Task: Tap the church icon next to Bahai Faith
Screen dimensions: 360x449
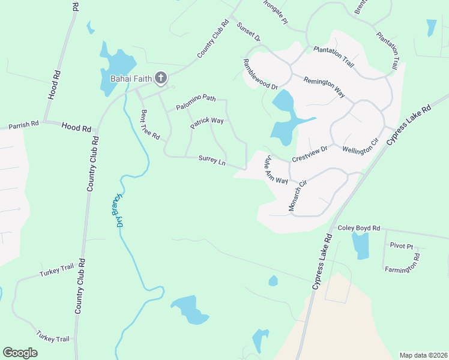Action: (x=160, y=77)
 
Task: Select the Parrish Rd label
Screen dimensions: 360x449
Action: (x=23, y=124)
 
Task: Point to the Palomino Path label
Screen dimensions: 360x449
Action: (x=196, y=103)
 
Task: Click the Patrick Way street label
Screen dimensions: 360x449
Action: (x=207, y=124)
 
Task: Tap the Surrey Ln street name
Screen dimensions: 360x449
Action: (x=212, y=161)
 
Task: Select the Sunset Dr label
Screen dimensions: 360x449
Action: (x=249, y=31)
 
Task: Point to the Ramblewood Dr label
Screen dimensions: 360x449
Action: (x=260, y=74)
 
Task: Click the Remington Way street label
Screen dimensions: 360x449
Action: (x=324, y=88)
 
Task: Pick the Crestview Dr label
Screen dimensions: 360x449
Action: (x=309, y=154)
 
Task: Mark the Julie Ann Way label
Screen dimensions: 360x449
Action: (x=277, y=170)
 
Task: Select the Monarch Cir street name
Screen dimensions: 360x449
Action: (x=298, y=194)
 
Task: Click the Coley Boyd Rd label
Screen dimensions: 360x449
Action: (x=359, y=228)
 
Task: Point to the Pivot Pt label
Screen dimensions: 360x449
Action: (x=402, y=246)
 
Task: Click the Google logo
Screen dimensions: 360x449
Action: (x=20, y=353)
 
